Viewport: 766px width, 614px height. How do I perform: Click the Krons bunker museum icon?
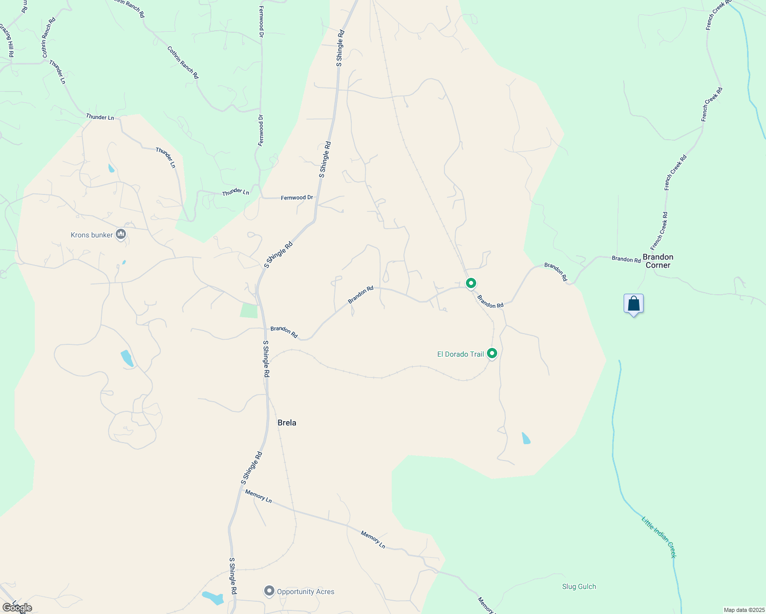(x=121, y=234)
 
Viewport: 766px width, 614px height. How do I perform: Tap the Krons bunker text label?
(x=92, y=235)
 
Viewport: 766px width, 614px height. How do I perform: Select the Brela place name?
(x=287, y=423)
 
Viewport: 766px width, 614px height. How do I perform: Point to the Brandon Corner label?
(x=658, y=261)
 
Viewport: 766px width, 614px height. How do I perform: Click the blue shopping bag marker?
(x=634, y=304)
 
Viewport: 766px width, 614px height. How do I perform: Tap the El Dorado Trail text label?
(x=460, y=354)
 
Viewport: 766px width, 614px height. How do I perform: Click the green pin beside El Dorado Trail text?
(x=492, y=353)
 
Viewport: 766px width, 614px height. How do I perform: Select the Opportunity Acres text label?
(x=306, y=592)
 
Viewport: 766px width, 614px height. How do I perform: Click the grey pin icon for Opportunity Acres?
(x=269, y=591)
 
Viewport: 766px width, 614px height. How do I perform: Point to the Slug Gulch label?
(x=579, y=587)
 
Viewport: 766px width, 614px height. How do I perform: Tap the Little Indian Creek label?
(x=659, y=537)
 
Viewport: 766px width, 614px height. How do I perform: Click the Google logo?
(x=16, y=608)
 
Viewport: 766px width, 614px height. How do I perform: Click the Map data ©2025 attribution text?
(x=743, y=610)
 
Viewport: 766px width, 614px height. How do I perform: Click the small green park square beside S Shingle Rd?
(x=249, y=311)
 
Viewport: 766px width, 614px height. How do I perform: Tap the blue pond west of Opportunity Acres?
(x=212, y=598)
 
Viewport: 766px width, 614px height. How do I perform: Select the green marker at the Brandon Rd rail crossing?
(x=471, y=282)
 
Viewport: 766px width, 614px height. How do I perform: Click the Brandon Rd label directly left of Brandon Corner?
(x=626, y=259)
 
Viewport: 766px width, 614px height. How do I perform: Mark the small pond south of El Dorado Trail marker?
(x=526, y=438)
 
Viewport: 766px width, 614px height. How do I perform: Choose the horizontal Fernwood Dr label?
(x=296, y=198)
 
